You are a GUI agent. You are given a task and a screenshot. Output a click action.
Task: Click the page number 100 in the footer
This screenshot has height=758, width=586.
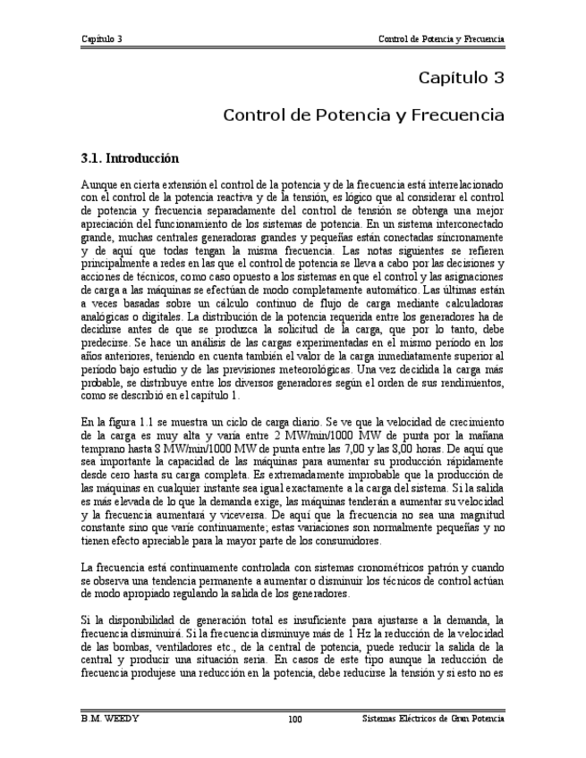(294, 720)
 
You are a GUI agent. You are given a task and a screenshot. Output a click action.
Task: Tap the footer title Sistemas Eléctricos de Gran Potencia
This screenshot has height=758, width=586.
(434, 720)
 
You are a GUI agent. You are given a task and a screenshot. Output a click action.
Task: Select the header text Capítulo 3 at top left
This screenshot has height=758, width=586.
(101, 39)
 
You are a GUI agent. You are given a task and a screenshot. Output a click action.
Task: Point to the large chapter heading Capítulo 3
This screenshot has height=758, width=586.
(462, 78)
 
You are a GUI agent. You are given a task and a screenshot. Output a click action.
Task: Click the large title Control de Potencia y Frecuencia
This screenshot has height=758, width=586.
(363, 116)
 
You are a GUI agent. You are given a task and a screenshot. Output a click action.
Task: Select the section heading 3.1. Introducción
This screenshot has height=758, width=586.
(130, 159)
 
